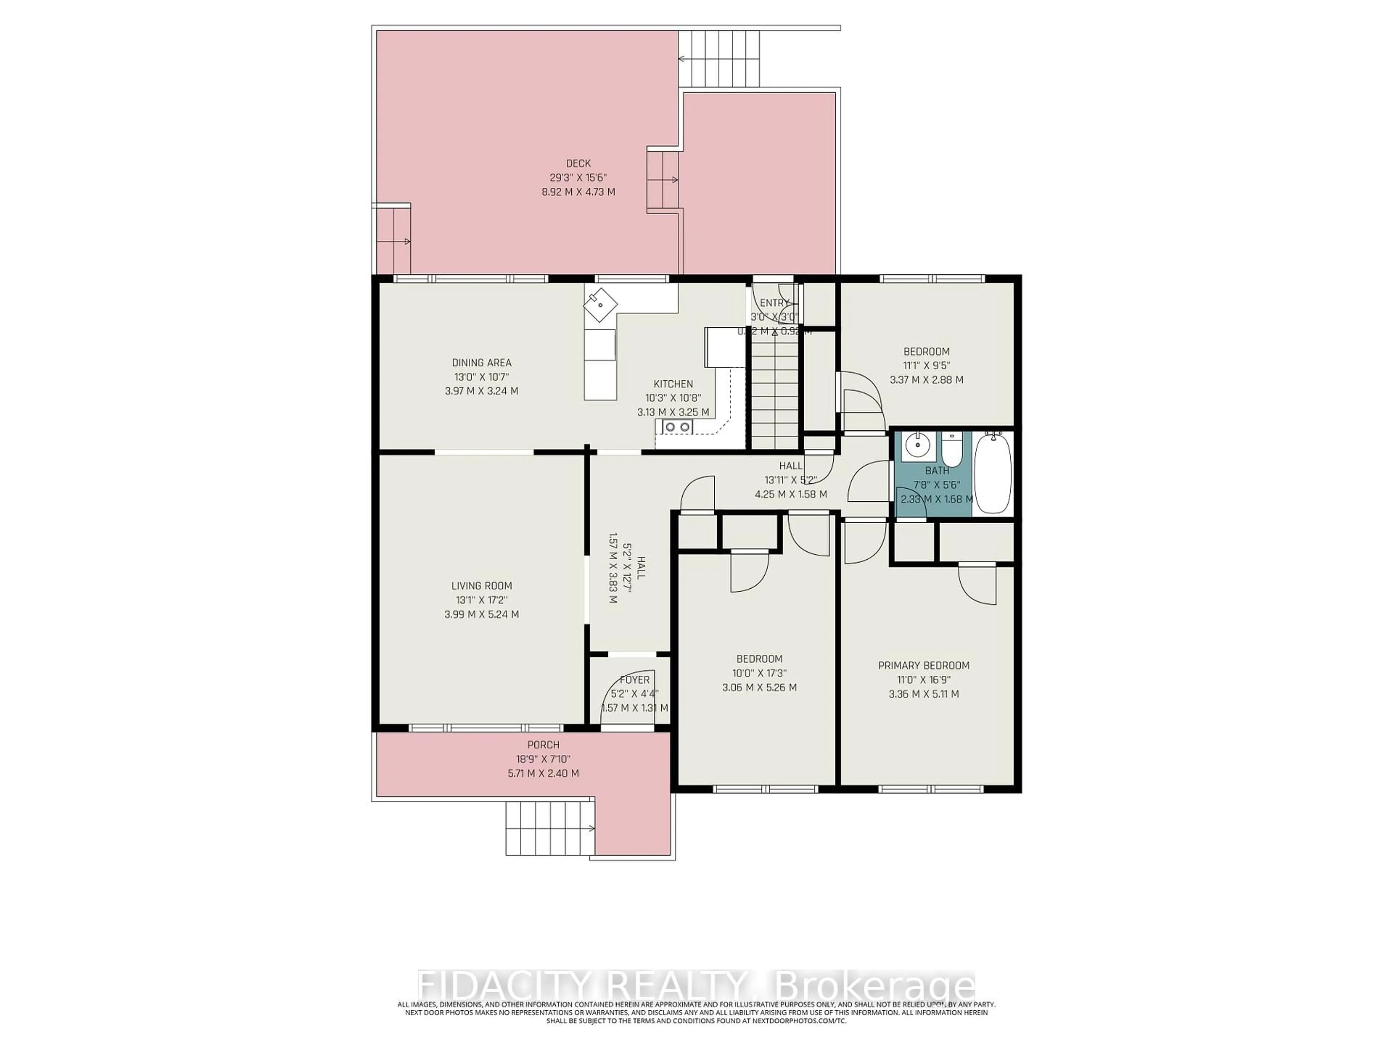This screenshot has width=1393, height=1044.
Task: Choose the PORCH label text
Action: click(x=543, y=745)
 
